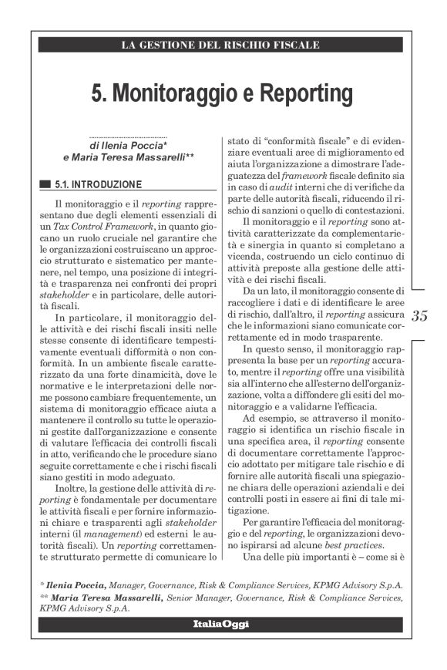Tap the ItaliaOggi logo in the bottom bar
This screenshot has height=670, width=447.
coord(223,623)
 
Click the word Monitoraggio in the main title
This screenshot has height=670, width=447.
coord(175,93)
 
